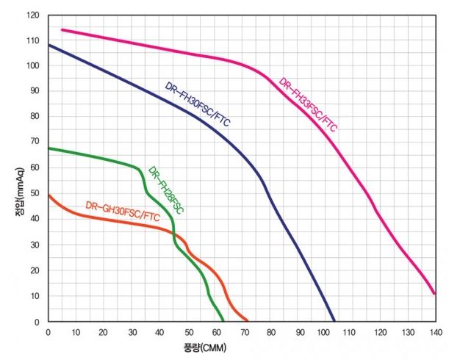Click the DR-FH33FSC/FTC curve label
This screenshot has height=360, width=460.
309,104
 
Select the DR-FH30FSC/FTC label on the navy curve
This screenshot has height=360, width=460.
197,104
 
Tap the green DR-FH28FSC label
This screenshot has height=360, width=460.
165,190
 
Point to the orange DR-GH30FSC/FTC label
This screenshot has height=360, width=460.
123,211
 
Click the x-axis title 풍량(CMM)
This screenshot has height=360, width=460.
205,346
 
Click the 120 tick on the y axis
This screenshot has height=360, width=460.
32,15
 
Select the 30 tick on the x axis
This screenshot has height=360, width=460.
131,332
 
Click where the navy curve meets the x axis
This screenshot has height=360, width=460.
334,321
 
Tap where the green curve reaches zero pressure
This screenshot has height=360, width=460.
223,321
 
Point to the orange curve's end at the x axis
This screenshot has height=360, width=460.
247,321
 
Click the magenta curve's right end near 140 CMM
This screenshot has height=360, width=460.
434,294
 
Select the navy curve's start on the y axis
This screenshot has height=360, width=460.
48,46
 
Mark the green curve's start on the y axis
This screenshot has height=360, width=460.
48,148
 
